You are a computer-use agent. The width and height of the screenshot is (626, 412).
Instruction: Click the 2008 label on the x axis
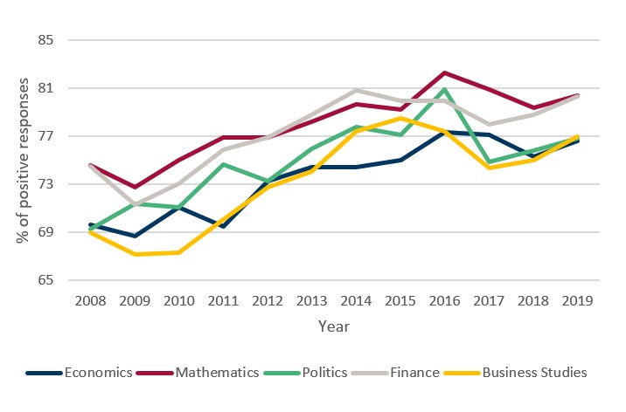pyautogui.click(x=91, y=299)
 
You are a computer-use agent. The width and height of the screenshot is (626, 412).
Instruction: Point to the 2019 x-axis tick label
pyautogui.click(x=578, y=299)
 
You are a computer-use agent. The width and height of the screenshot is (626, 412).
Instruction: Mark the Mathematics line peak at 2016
pyautogui.click(x=445, y=72)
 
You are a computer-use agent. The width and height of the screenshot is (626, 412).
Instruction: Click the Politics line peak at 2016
pyautogui.click(x=445, y=89)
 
